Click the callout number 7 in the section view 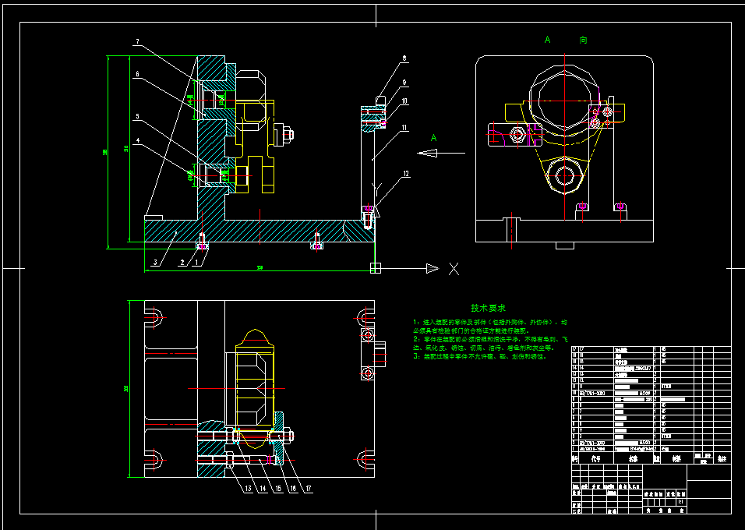click(x=136, y=41)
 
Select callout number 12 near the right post click(x=405, y=175)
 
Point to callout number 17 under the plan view click(x=309, y=489)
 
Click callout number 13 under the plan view click(x=248, y=489)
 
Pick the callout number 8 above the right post click(x=404, y=58)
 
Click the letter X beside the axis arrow click(x=454, y=269)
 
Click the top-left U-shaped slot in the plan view click(x=154, y=317)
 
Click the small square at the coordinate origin click(x=376, y=268)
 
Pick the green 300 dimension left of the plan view click(x=126, y=388)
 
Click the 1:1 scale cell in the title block click(x=681, y=503)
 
